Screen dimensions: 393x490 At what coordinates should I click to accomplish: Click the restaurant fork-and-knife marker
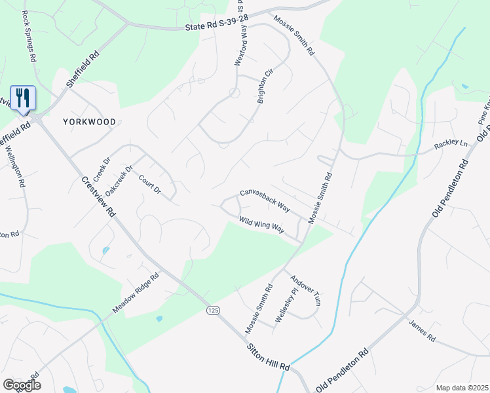point(23,98)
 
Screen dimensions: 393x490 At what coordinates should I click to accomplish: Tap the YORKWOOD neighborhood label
point(90,122)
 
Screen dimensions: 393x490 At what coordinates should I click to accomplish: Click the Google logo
point(22,385)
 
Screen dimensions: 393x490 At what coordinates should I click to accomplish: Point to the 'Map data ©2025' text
point(462,388)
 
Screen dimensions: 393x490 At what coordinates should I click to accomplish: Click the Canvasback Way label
point(265,200)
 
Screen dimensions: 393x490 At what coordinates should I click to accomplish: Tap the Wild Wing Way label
point(261,225)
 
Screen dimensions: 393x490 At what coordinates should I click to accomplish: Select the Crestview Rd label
point(99,196)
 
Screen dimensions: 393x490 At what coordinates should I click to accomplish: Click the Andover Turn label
point(306,290)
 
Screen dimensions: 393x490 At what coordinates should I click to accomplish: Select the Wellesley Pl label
point(283,309)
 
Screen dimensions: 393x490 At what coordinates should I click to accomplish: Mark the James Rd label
point(422,331)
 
